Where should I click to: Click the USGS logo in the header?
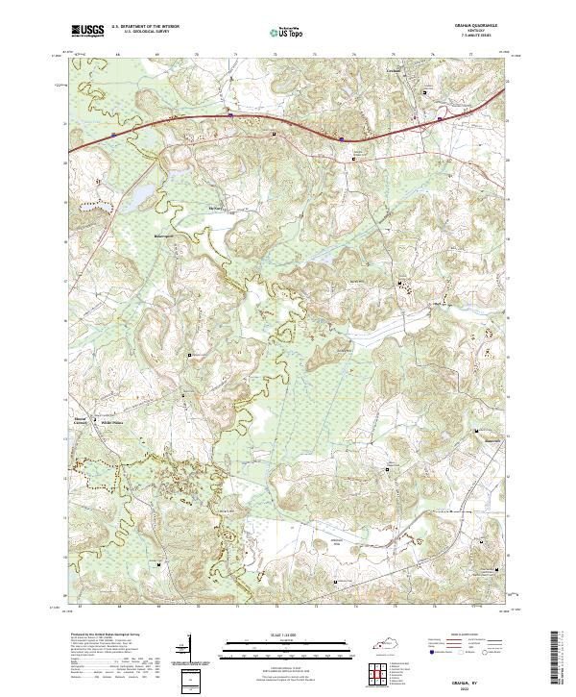point(87,31)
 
